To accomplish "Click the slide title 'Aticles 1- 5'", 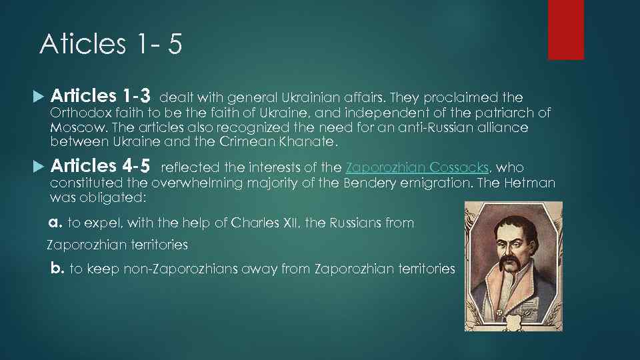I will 111,45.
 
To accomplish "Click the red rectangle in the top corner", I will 565,29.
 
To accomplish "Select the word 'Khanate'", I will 313,141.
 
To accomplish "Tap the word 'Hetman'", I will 531,183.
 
